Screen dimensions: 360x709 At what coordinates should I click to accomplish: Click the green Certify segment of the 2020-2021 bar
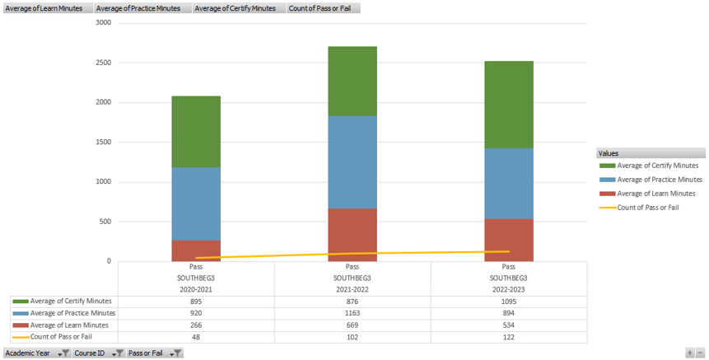tap(196, 132)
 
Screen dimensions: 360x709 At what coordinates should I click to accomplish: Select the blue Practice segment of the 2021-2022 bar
tap(352, 161)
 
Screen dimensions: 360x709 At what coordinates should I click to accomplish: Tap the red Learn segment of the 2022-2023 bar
tap(508, 240)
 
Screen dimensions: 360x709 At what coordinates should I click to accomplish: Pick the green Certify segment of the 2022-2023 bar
tap(508, 105)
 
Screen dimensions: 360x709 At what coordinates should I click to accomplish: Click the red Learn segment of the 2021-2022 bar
tap(352, 235)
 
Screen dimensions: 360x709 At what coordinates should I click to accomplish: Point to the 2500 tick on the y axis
tap(103, 63)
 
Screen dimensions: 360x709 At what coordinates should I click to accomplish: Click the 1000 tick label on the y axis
tap(103, 182)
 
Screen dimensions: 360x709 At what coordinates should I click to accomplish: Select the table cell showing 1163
tap(352, 313)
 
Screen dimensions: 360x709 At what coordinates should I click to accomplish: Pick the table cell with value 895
tap(196, 302)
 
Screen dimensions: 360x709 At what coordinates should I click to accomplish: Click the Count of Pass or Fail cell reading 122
tap(508, 336)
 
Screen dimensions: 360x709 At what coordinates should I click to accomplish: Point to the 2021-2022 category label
tap(352, 290)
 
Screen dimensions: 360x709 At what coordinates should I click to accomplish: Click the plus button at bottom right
tap(690, 353)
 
